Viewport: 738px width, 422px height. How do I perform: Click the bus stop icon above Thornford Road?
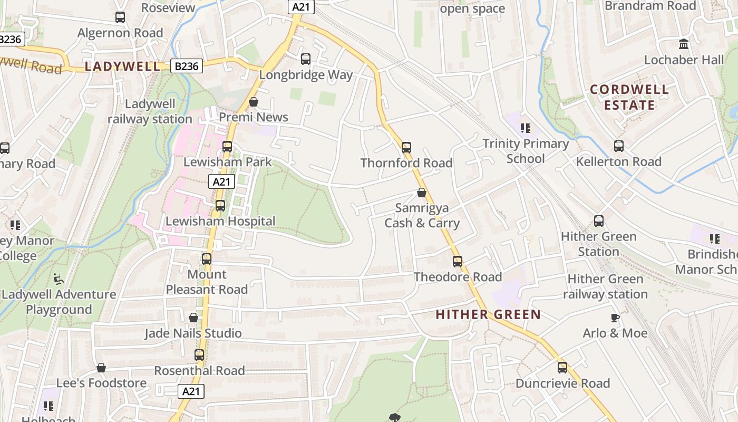point(406,148)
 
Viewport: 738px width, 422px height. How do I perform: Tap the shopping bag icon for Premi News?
point(254,102)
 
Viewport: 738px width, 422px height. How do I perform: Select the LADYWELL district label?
point(122,66)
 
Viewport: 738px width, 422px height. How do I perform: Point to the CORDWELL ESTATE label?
point(629,97)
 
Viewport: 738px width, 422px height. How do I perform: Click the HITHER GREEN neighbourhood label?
point(488,315)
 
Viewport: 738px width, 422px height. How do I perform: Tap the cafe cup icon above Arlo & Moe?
point(615,318)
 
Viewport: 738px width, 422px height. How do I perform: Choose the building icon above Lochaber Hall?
point(684,44)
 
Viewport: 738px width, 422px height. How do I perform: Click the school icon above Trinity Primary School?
point(525,128)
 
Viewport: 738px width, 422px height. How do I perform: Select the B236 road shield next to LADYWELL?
point(187,66)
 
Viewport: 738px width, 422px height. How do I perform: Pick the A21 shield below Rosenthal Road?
point(191,391)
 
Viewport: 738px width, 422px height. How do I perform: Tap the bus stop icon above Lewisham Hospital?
point(220,206)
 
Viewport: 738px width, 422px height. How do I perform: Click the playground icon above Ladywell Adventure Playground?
point(59,279)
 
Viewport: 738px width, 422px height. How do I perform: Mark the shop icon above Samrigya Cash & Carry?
point(421,193)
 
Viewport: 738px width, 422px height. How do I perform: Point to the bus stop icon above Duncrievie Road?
point(562,368)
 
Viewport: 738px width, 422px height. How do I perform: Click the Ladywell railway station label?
point(150,111)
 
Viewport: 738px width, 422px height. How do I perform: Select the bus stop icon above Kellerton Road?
point(618,146)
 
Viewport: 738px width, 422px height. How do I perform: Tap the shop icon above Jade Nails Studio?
point(193,318)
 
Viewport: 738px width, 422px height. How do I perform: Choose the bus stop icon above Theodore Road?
point(457,262)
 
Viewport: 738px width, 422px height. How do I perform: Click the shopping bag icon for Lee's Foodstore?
point(101,368)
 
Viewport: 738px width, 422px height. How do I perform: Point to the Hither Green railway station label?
point(605,286)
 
